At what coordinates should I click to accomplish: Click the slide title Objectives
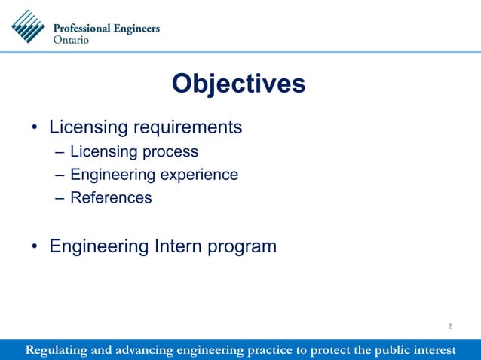click(238, 84)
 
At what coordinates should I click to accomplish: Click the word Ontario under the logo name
click(75, 40)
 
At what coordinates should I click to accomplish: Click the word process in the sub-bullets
click(173, 152)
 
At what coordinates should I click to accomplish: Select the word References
click(111, 198)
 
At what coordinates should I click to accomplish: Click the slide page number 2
click(449, 326)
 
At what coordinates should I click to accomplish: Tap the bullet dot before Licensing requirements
click(35, 127)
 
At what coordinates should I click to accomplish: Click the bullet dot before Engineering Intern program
click(35, 247)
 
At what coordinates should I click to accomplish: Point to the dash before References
click(60, 198)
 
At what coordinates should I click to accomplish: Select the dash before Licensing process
click(60, 152)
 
